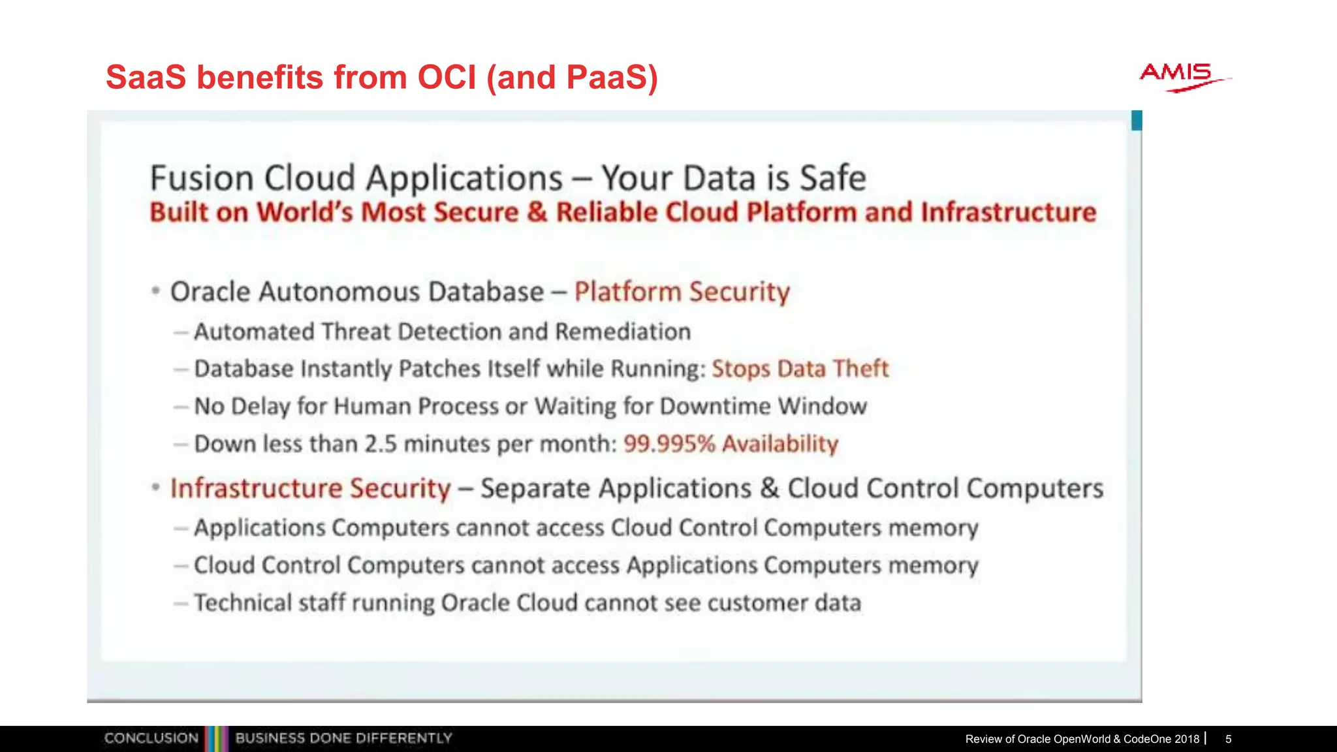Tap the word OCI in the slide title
(447, 77)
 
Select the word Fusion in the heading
(202, 178)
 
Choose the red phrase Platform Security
(682, 292)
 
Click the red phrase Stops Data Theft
(800, 369)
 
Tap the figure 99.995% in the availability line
(669, 444)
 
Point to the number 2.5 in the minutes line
(381, 444)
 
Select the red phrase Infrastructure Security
(310, 488)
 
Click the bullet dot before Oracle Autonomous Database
(155, 291)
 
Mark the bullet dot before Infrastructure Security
(155, 488)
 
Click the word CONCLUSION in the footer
(151, 738)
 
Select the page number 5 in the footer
(1228, 739)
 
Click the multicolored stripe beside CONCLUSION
(216, 738)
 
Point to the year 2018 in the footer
(1187, 739)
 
